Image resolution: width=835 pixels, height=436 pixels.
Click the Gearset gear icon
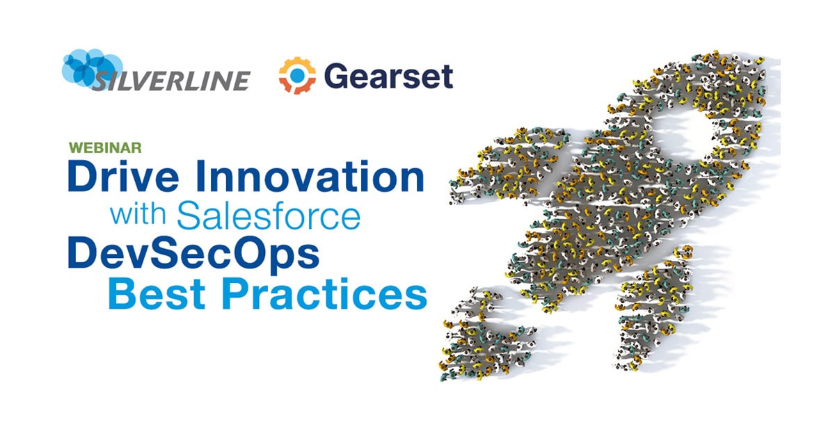(297, 76)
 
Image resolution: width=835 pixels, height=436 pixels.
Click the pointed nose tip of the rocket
(762, 59)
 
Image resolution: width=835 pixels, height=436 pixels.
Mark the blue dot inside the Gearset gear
(297, 75)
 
